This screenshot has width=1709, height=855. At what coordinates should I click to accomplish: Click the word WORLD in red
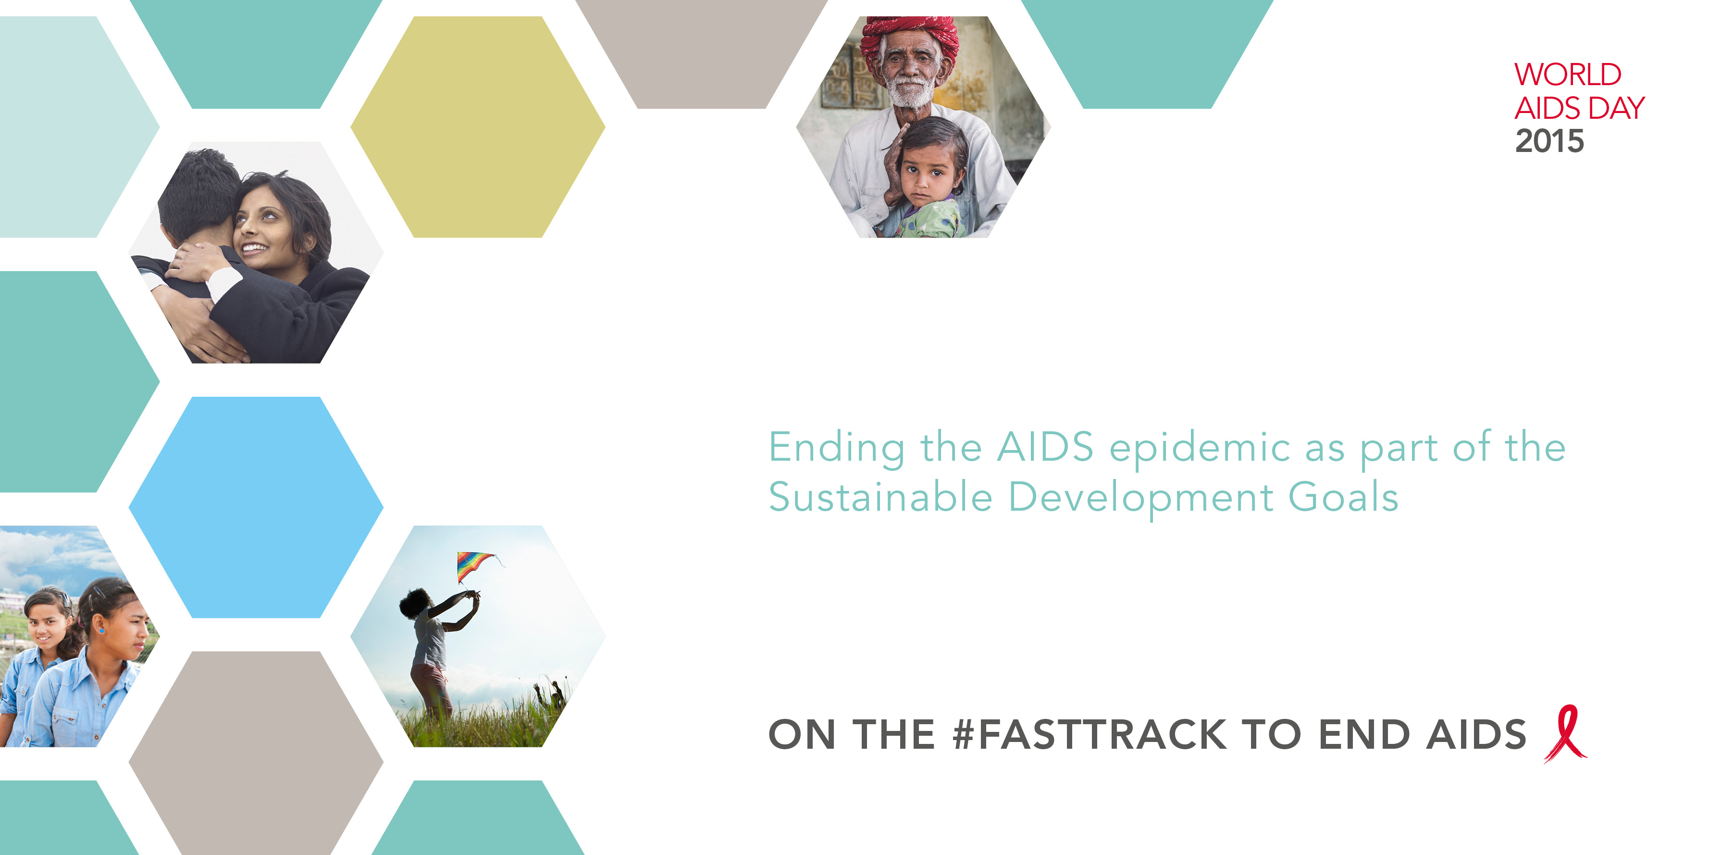[1568, 75]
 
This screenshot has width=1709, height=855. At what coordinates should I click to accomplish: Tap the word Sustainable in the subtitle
[880, 497]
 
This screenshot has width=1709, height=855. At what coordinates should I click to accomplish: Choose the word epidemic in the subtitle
[1200, 449]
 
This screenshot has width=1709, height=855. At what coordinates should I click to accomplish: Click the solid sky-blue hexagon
[256, 507]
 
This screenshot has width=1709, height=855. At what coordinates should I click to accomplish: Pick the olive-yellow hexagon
[478, 127]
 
